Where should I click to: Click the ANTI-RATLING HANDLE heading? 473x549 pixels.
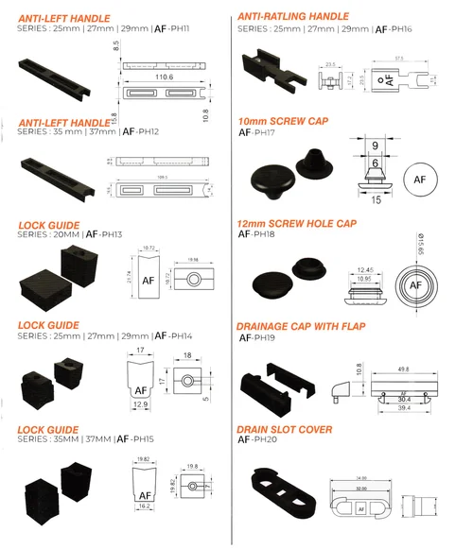point(292,17)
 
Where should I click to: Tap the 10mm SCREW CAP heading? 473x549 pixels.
point(283,122)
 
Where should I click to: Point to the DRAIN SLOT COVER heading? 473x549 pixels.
point(284,430)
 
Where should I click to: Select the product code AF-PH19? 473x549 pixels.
point(257,337)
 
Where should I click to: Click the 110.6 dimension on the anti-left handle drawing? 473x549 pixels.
point(163,76)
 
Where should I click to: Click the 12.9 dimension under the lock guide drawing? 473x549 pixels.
point(139,403)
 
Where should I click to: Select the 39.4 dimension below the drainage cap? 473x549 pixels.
point(403,409)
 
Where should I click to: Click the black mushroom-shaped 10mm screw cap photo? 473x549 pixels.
point(269,178)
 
